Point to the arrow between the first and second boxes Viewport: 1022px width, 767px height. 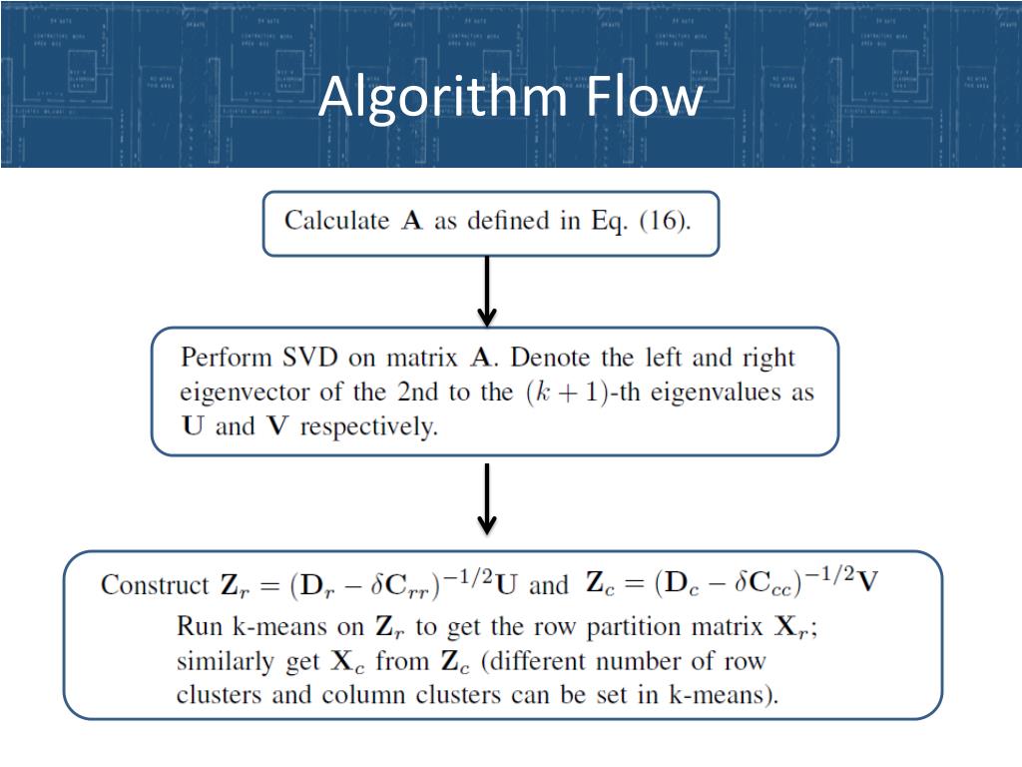pos(487,290)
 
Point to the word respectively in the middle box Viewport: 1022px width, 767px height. pos(369,427)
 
